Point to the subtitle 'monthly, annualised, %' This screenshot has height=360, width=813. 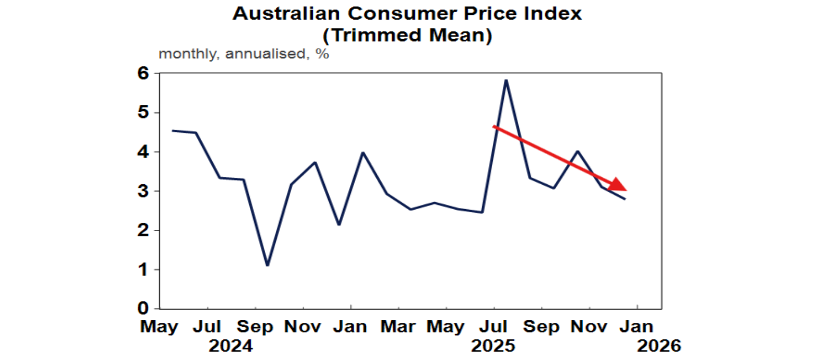[x=243, y=54]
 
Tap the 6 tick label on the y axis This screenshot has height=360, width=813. [x=143, y=74]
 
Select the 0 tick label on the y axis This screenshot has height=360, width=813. [x=143, y=309]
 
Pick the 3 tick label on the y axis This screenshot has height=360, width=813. [x=143, y=191]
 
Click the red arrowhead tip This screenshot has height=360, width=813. [x=626, y=190]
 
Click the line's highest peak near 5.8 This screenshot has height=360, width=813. [x=507, y=80]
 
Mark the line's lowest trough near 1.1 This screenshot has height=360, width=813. [x=267, y=265]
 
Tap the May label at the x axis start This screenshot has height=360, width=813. [x=159, y=327]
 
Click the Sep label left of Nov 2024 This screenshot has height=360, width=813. [x=255, y=327]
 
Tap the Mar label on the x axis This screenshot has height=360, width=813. [x=399, y=327]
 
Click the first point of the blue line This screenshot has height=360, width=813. [x=173, y=130]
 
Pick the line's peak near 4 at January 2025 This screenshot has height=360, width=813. [x=363, y=152]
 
